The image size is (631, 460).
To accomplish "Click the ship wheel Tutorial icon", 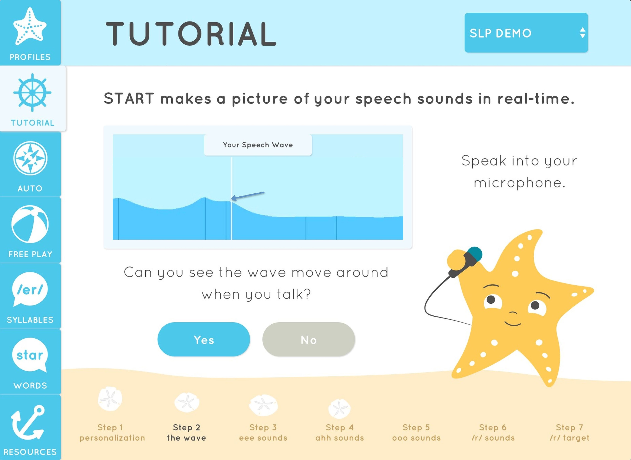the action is coord(32,92).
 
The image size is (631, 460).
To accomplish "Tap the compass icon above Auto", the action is coord(30,158).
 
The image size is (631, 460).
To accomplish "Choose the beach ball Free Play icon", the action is coord(30,224).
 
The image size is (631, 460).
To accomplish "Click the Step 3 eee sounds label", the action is coord(263,432).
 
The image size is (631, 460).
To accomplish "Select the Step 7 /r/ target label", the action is coord(569,432).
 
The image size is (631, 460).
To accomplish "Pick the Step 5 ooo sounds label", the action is coord(416,432).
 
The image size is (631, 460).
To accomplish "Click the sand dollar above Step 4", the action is coord(339,408).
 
